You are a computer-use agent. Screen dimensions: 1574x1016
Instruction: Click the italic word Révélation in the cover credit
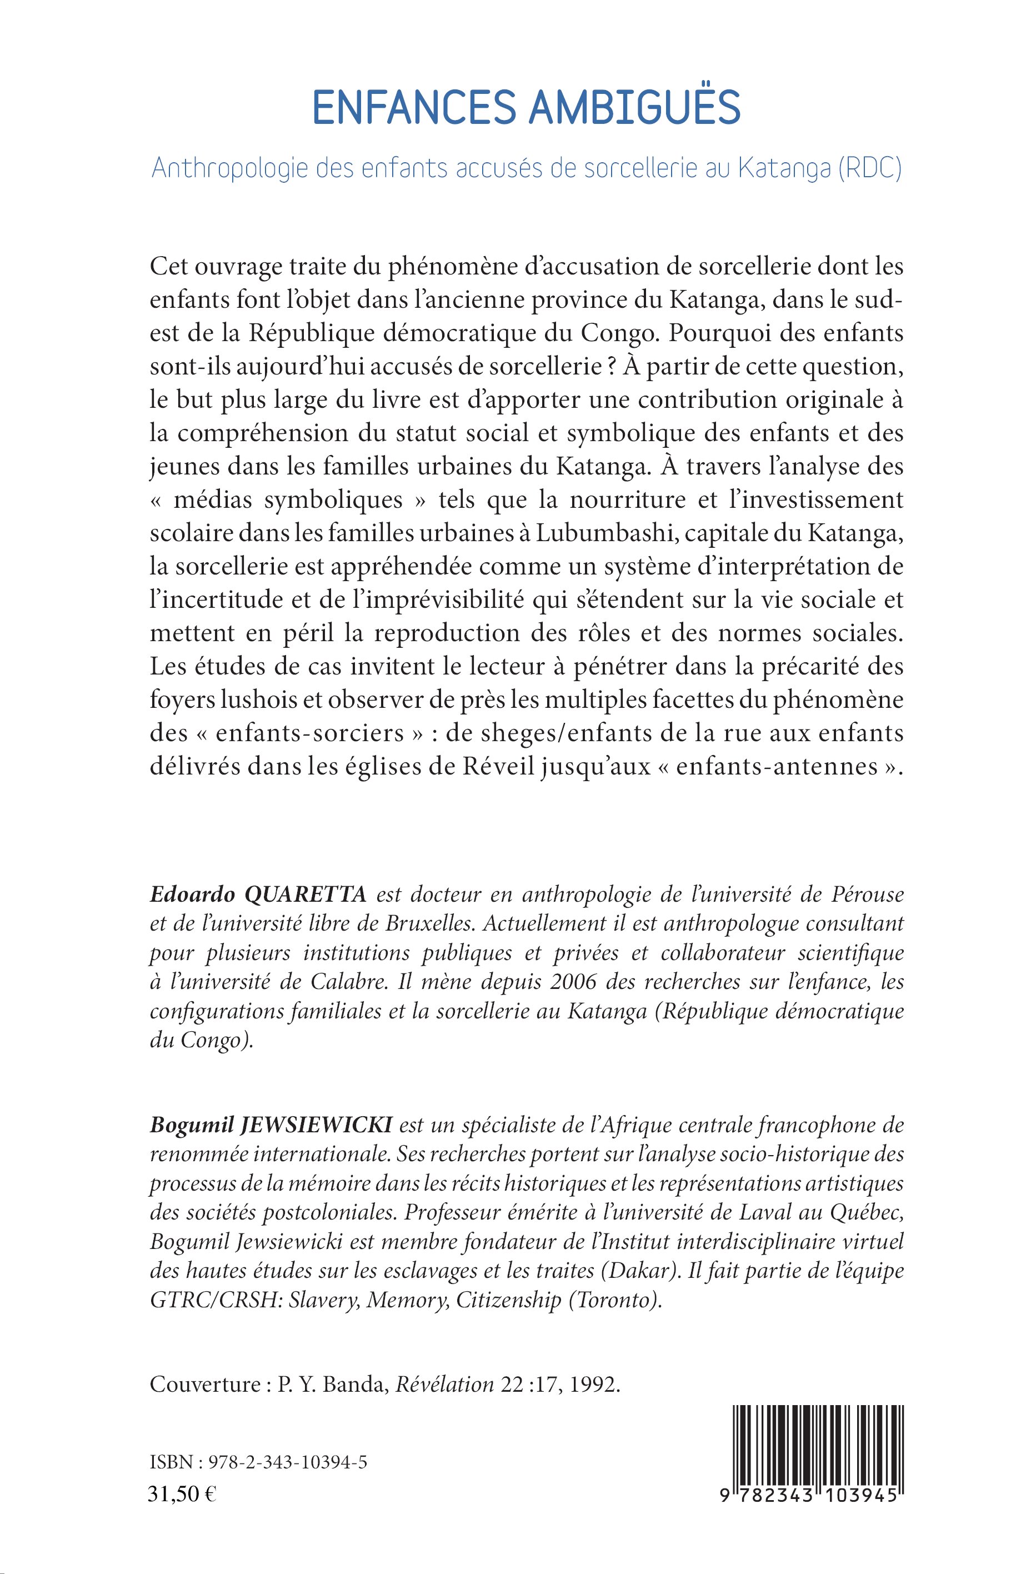pyautogui.click(x=444, y=1385)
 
